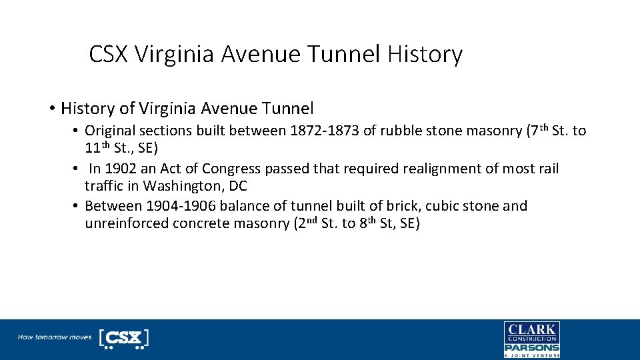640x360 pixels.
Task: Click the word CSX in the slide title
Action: click(x=109, y=54)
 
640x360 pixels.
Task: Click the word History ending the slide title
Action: click(x=424, y=54)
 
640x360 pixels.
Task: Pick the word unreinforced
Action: click(x=127, y=223)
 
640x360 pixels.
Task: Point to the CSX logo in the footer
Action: click(x=124, y=338)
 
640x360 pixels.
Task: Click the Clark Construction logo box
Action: click(x=531, y=332)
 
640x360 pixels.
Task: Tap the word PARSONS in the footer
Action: click(x=531, y=347)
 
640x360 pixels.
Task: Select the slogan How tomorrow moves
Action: click(x=55, y=337)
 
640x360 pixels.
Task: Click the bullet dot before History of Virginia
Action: click(x=51, y=108)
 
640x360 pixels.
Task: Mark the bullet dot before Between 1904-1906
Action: click(x=77, y=206)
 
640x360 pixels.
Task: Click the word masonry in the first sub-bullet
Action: click(x=491, y=131)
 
